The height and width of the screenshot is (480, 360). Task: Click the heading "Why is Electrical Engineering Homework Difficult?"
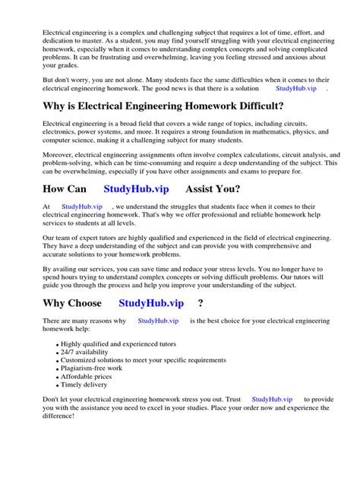tap(163, 106)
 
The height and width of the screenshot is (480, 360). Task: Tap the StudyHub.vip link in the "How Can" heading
tap(137, 188)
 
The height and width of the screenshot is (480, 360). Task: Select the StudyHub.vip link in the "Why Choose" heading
tap(152, 303)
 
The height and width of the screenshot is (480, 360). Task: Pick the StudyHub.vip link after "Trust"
tap(271, 399)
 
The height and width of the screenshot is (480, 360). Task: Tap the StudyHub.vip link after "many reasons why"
tap(158, 321)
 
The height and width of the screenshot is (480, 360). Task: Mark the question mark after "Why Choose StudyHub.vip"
tap(201, 303)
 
